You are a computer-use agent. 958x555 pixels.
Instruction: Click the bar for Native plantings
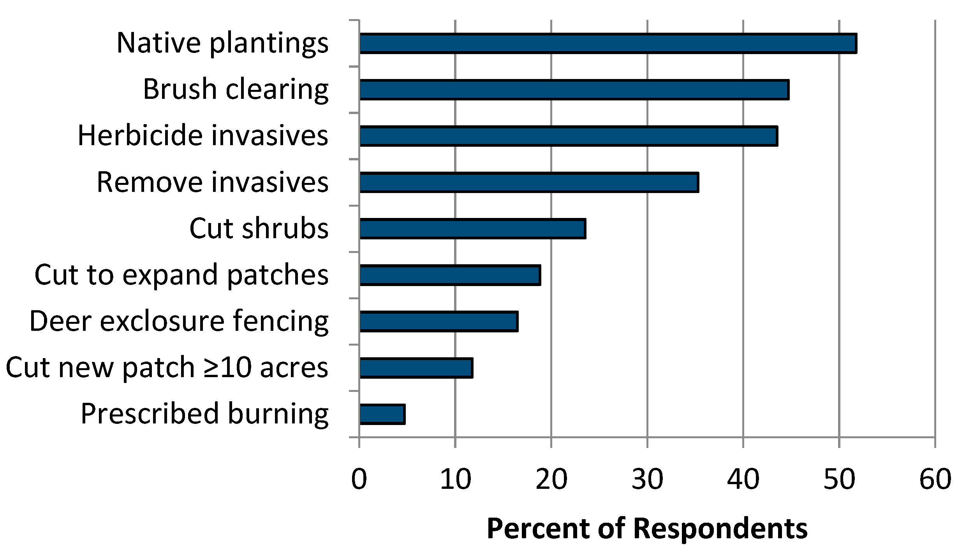(608, 43)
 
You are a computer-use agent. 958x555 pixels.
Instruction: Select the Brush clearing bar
(574, 90)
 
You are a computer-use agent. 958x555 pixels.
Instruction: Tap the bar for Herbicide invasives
(569, 136)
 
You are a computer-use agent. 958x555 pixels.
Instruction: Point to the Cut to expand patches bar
(450, 275)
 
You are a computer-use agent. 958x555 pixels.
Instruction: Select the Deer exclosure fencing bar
(438, 321)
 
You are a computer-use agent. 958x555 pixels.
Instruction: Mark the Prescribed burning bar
(382, 414)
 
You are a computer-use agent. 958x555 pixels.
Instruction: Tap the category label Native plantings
(222, 43)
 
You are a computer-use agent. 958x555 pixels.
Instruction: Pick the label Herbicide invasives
(203, 135)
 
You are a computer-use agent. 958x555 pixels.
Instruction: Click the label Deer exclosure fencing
(179, 321)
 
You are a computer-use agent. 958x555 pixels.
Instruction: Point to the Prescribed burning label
(204, 413)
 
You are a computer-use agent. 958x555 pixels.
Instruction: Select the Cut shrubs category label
(259, 228)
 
